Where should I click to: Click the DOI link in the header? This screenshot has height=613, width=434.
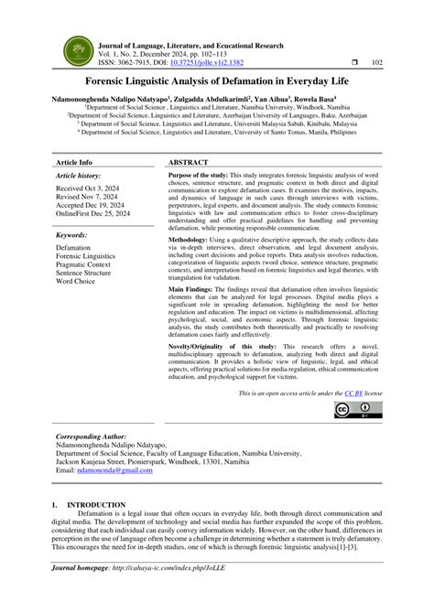coord(231,63)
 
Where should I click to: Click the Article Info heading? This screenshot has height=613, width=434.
coord(78,161)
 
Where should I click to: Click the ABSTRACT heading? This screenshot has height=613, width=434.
coord(189,161)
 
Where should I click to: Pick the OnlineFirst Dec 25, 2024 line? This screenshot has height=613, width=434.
coord(93,215)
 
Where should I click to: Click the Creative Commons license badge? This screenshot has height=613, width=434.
coord(353,411)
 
